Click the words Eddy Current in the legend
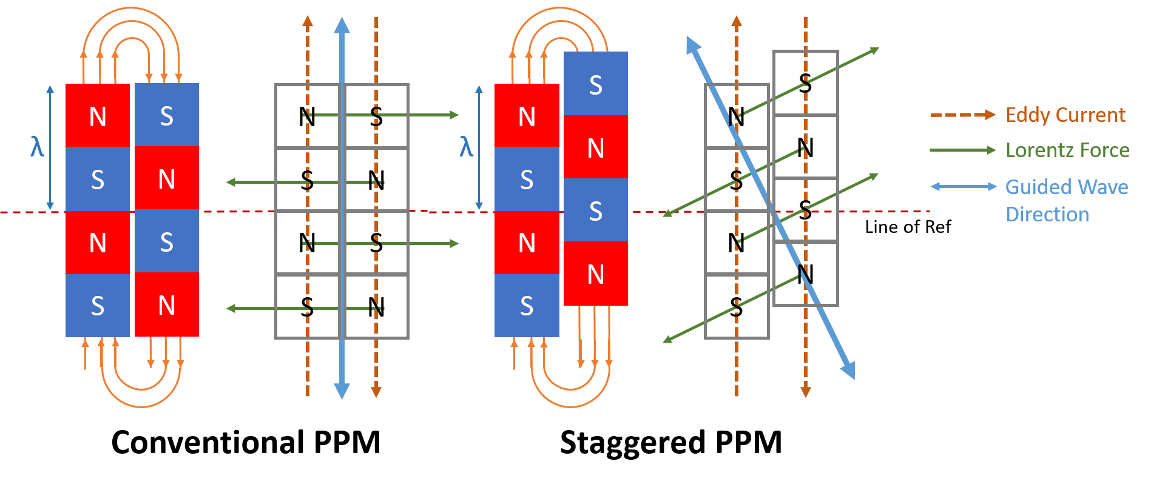1065,115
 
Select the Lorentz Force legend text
1067,150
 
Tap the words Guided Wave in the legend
1067,187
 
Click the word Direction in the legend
1047,214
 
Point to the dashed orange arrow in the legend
963,115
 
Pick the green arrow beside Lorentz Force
963,150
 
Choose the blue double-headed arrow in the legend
964,186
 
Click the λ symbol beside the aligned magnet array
38,147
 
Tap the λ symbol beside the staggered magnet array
466,147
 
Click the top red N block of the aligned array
98,115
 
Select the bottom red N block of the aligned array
167,304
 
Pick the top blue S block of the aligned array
167,115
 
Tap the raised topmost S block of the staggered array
596,84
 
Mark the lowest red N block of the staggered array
596,274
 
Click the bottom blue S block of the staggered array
527,305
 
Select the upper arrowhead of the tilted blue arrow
692,44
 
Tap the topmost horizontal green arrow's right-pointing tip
454,115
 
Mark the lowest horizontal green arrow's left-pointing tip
231,309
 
